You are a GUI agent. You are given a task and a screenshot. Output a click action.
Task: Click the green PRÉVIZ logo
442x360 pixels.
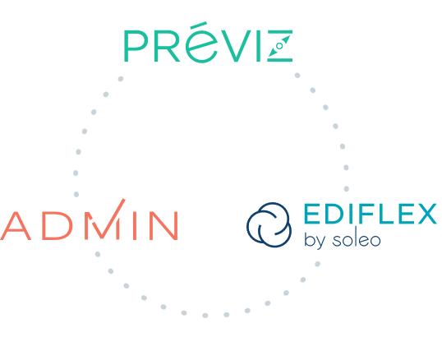pos(209,42)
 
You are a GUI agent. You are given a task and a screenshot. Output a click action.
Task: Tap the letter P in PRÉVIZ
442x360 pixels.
pos(136,46)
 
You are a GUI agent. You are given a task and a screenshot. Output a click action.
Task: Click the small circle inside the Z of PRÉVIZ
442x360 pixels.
pos(279,46)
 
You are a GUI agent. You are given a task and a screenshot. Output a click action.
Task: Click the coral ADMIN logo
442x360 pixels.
pos(89,220)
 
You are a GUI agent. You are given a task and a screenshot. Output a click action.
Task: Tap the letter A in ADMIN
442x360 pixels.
pos(16,225)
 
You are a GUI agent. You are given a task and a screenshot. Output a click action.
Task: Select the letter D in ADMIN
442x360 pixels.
pos(57,225)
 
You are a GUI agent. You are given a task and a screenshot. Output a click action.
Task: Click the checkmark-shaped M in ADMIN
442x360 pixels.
pos(105,219)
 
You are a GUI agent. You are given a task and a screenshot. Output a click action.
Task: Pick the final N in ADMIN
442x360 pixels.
pos(163,225)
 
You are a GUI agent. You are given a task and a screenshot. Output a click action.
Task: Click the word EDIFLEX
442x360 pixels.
pos(371,214)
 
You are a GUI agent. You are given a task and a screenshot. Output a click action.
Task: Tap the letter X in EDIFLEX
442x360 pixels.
pos(426,214)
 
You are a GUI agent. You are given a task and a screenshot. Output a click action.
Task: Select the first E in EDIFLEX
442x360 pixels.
pos(311,214)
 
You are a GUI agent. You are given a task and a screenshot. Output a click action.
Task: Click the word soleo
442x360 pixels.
pos(357,239)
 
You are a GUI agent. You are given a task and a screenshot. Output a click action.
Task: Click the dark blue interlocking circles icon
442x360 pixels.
pos(269,224)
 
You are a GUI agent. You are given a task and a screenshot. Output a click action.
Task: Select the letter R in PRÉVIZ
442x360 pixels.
pos(167,46)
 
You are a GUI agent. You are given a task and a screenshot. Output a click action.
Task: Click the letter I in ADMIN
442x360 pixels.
pos(135,225)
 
